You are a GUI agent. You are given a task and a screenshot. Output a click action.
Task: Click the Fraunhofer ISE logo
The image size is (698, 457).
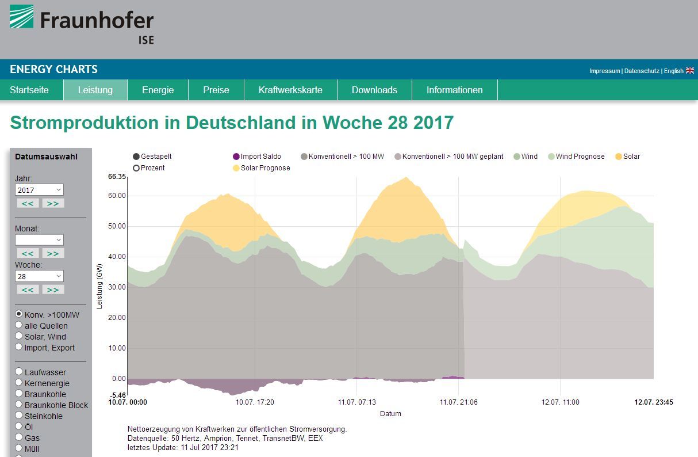click(x=82, y=24)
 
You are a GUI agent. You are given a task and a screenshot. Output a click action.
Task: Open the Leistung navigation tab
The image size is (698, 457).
click(x=95, y=90)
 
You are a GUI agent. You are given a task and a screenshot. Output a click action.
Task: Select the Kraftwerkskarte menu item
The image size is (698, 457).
click(x=290, y=90)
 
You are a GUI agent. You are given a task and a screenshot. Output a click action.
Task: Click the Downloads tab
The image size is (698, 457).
click(x=374, y=90)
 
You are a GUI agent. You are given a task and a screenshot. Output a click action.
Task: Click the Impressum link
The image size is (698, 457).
click(x=604, y=71)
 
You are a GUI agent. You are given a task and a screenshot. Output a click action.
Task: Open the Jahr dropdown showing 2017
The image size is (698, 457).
click(x=39, y=190)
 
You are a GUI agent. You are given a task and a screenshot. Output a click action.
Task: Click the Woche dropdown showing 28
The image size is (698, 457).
click(x=39, y=276)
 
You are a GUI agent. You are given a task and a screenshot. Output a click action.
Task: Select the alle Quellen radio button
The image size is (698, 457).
click(x=19, y=325)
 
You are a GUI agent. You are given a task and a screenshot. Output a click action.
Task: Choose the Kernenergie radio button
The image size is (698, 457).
click(x=19, y=383)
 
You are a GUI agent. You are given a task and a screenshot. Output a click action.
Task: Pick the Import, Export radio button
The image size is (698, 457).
click(x=19, y=347)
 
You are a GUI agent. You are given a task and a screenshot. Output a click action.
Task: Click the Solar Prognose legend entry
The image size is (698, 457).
click(x=261, y=168)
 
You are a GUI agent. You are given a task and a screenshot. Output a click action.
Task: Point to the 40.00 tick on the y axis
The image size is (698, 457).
click(x=117, y=257)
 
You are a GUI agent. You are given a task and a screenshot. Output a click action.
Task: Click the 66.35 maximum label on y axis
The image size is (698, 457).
click(x=117, y=177)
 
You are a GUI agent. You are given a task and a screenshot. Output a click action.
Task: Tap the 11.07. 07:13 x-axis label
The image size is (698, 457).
click(x=356, y=402)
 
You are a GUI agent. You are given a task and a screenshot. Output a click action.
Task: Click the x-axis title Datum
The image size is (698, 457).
click(x=390, y=413)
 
